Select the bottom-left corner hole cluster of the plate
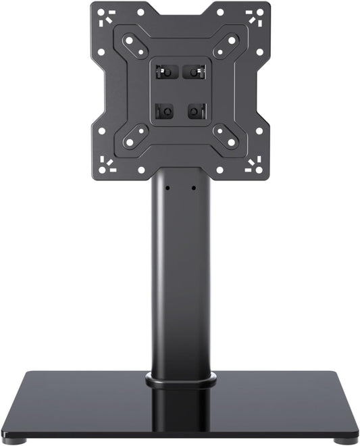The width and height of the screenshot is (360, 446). (x=104, y=164)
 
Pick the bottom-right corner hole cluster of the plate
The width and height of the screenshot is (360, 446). (x=255, y=164)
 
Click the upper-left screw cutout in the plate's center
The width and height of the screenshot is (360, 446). (x=163, y=71)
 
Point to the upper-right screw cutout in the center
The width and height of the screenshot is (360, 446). (x=196, y=71)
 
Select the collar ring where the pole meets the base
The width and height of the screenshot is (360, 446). (x=180, y=381)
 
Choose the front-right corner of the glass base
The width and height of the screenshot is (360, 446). (x=355, y=432)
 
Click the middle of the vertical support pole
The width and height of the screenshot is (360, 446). (x=180, y=277)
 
